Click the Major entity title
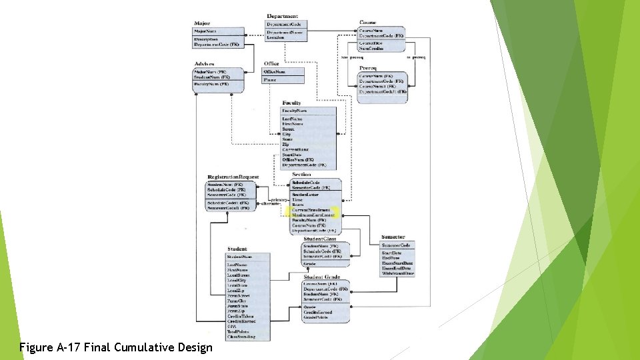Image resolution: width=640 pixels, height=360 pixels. coord(201,23)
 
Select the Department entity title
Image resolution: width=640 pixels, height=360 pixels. coord(282,16)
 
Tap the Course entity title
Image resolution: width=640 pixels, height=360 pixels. coord(368,23)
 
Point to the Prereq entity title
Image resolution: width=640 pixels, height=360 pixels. coord(368,68)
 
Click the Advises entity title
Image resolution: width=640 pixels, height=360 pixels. coord(205,64)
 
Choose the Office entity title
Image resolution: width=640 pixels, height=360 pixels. coord(272,64)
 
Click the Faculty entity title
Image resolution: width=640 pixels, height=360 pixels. coord(291,103)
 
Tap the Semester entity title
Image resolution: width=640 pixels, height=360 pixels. coord(393,237)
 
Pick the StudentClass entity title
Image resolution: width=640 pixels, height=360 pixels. coord(319,239)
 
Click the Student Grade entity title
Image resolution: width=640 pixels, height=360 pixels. coord(321,277)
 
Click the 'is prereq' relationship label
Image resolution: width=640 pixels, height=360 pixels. coord(415,58)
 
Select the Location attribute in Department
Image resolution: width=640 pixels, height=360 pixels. coord(275,38)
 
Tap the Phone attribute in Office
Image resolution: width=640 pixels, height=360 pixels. coord(270,80)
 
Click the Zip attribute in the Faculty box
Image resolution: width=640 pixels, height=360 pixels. coord(286,144)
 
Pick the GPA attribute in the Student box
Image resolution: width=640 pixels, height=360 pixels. coord(231,327)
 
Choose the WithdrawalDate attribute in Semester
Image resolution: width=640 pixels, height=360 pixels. coord(397,273)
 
